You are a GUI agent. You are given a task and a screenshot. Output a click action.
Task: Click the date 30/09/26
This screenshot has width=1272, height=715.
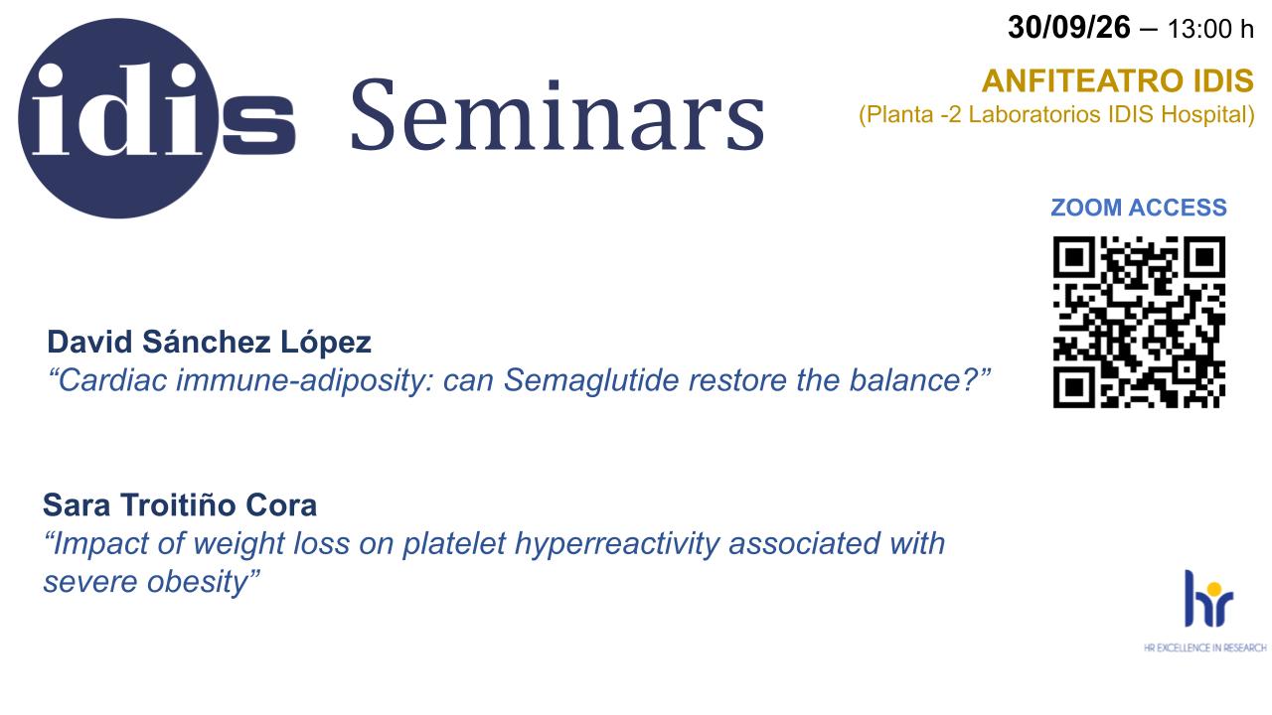[x=1068, y=27]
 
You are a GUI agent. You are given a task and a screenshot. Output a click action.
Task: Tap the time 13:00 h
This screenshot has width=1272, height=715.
[x=1210, y=29]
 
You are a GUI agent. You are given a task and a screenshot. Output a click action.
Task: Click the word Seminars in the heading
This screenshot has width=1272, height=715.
[x=557, y=115]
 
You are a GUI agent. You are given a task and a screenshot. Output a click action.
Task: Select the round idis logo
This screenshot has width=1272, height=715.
[x=118, y=118]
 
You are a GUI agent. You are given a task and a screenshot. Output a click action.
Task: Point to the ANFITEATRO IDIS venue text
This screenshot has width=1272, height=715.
[x=1118, y=80]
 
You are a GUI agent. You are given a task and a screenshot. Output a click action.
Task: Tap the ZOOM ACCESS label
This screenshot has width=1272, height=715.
[x=1139, y=208]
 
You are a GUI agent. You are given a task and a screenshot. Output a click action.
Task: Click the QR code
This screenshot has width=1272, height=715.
[x=1139, y=322]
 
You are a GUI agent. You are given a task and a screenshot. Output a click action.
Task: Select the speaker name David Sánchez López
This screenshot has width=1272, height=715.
[x=209, y=343]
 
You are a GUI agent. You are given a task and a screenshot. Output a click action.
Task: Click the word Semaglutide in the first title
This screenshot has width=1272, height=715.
[x=591, y=380]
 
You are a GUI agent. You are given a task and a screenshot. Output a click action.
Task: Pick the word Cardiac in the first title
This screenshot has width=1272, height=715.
[x=113, y=380]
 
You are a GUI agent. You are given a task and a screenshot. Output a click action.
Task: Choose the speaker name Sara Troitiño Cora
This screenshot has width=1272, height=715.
[x=180, y=505]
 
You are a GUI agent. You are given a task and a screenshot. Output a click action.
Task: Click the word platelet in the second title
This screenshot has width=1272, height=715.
[x=454, y=544]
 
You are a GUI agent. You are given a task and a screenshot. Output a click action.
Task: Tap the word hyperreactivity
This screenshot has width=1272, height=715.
[x=617, y=544]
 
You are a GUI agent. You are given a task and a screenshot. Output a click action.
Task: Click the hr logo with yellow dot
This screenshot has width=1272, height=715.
[x=1209, y=599]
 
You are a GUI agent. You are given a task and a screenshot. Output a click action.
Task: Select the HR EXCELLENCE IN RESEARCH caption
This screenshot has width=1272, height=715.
[x=1205, y=647]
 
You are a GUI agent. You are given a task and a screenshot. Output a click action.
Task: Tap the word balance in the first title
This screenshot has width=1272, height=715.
[x=907, y=380]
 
